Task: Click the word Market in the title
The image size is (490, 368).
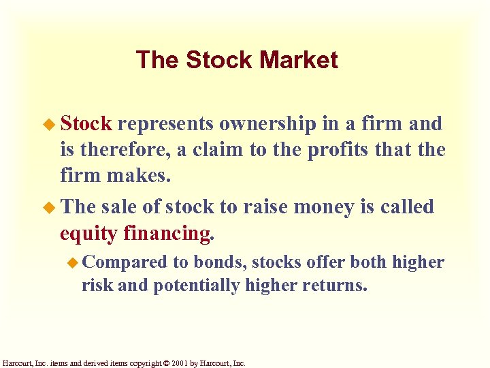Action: [x=298, y=60]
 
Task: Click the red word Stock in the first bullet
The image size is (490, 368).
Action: [x=85, y=124]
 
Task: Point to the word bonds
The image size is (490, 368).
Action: [x=216, y=262]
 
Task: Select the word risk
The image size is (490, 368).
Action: [x=97, y=285]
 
